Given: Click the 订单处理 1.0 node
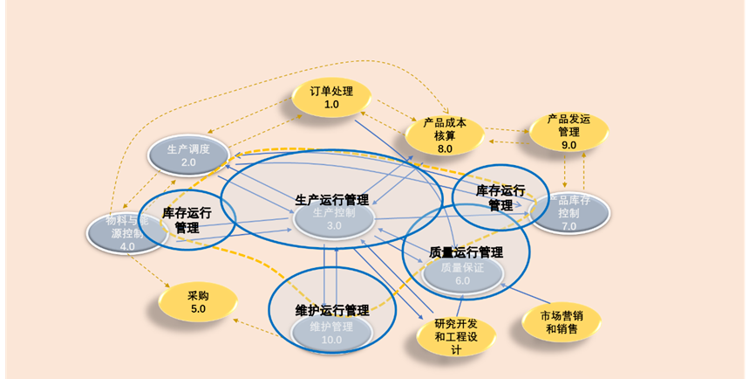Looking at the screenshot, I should (x=331, y=98).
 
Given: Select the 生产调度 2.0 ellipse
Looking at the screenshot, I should (x=188, y=155).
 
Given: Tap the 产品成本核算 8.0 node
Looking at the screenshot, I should (x=445, y=135).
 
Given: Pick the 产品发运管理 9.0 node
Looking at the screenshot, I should (x=569, y=131).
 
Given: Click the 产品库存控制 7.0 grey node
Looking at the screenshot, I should (x=571, y=214).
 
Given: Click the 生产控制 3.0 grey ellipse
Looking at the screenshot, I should (x=333, y=219).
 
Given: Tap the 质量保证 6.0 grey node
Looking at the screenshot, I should (x=462, y=274).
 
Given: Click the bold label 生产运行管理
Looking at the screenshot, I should (x=331, y=199).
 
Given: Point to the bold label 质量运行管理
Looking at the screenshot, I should (x=466, y=252).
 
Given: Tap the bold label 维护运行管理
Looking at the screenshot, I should (x=331, y=310).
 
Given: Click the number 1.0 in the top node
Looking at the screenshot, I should (x=331, y=105).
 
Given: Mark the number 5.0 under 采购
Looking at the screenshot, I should (x=198, y=309).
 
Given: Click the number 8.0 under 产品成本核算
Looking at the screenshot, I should (x=445, y=148).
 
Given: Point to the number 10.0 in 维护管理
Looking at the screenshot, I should (x=331, y=341).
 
